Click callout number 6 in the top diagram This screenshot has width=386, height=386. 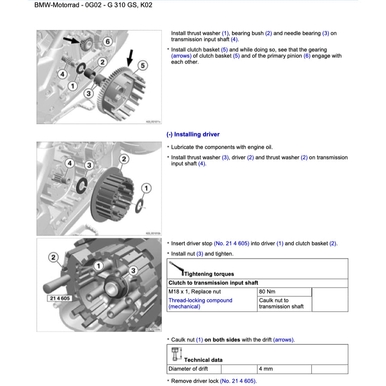(107, 41)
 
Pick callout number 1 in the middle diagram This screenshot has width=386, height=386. (146, 188)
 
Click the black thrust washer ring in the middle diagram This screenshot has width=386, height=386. (82, 185)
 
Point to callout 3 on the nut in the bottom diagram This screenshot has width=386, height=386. (133, 271)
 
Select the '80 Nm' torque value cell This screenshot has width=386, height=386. (267, 292)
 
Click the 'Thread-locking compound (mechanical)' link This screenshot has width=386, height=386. (200, 303)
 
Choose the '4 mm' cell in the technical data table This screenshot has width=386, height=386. (266, 369)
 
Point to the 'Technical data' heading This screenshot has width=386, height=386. (203, 360)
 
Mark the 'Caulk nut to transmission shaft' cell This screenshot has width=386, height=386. (281, 303)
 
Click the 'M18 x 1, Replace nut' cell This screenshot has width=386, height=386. (195, 292)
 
